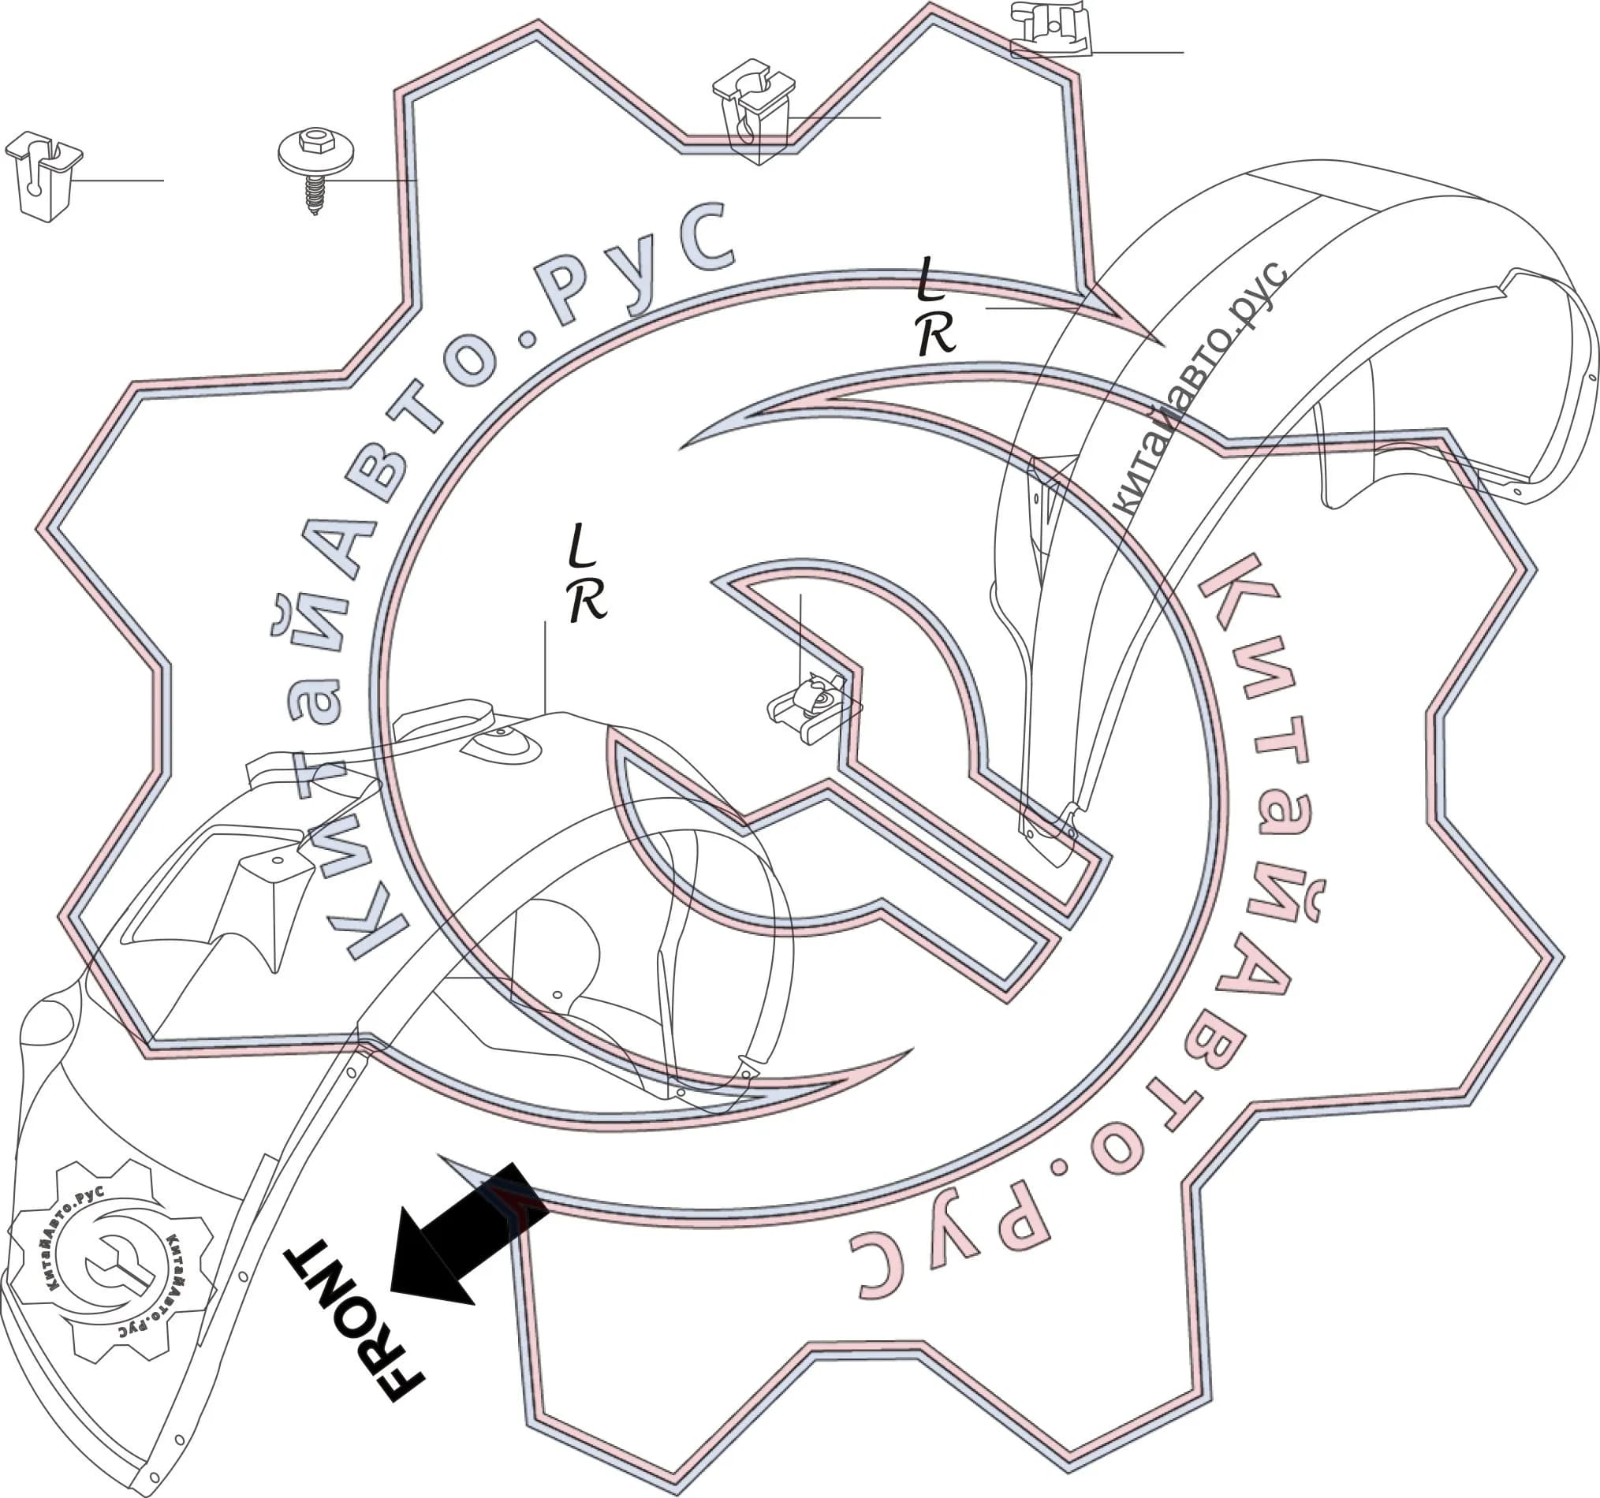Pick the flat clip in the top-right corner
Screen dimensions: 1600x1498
pos(1050,29)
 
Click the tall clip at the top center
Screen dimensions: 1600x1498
pos(753,111)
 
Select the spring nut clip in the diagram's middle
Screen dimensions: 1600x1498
pos(814,708)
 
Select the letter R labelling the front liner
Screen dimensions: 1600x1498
pos(587,600)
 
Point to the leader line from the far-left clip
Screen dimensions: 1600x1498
pos(116,181)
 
